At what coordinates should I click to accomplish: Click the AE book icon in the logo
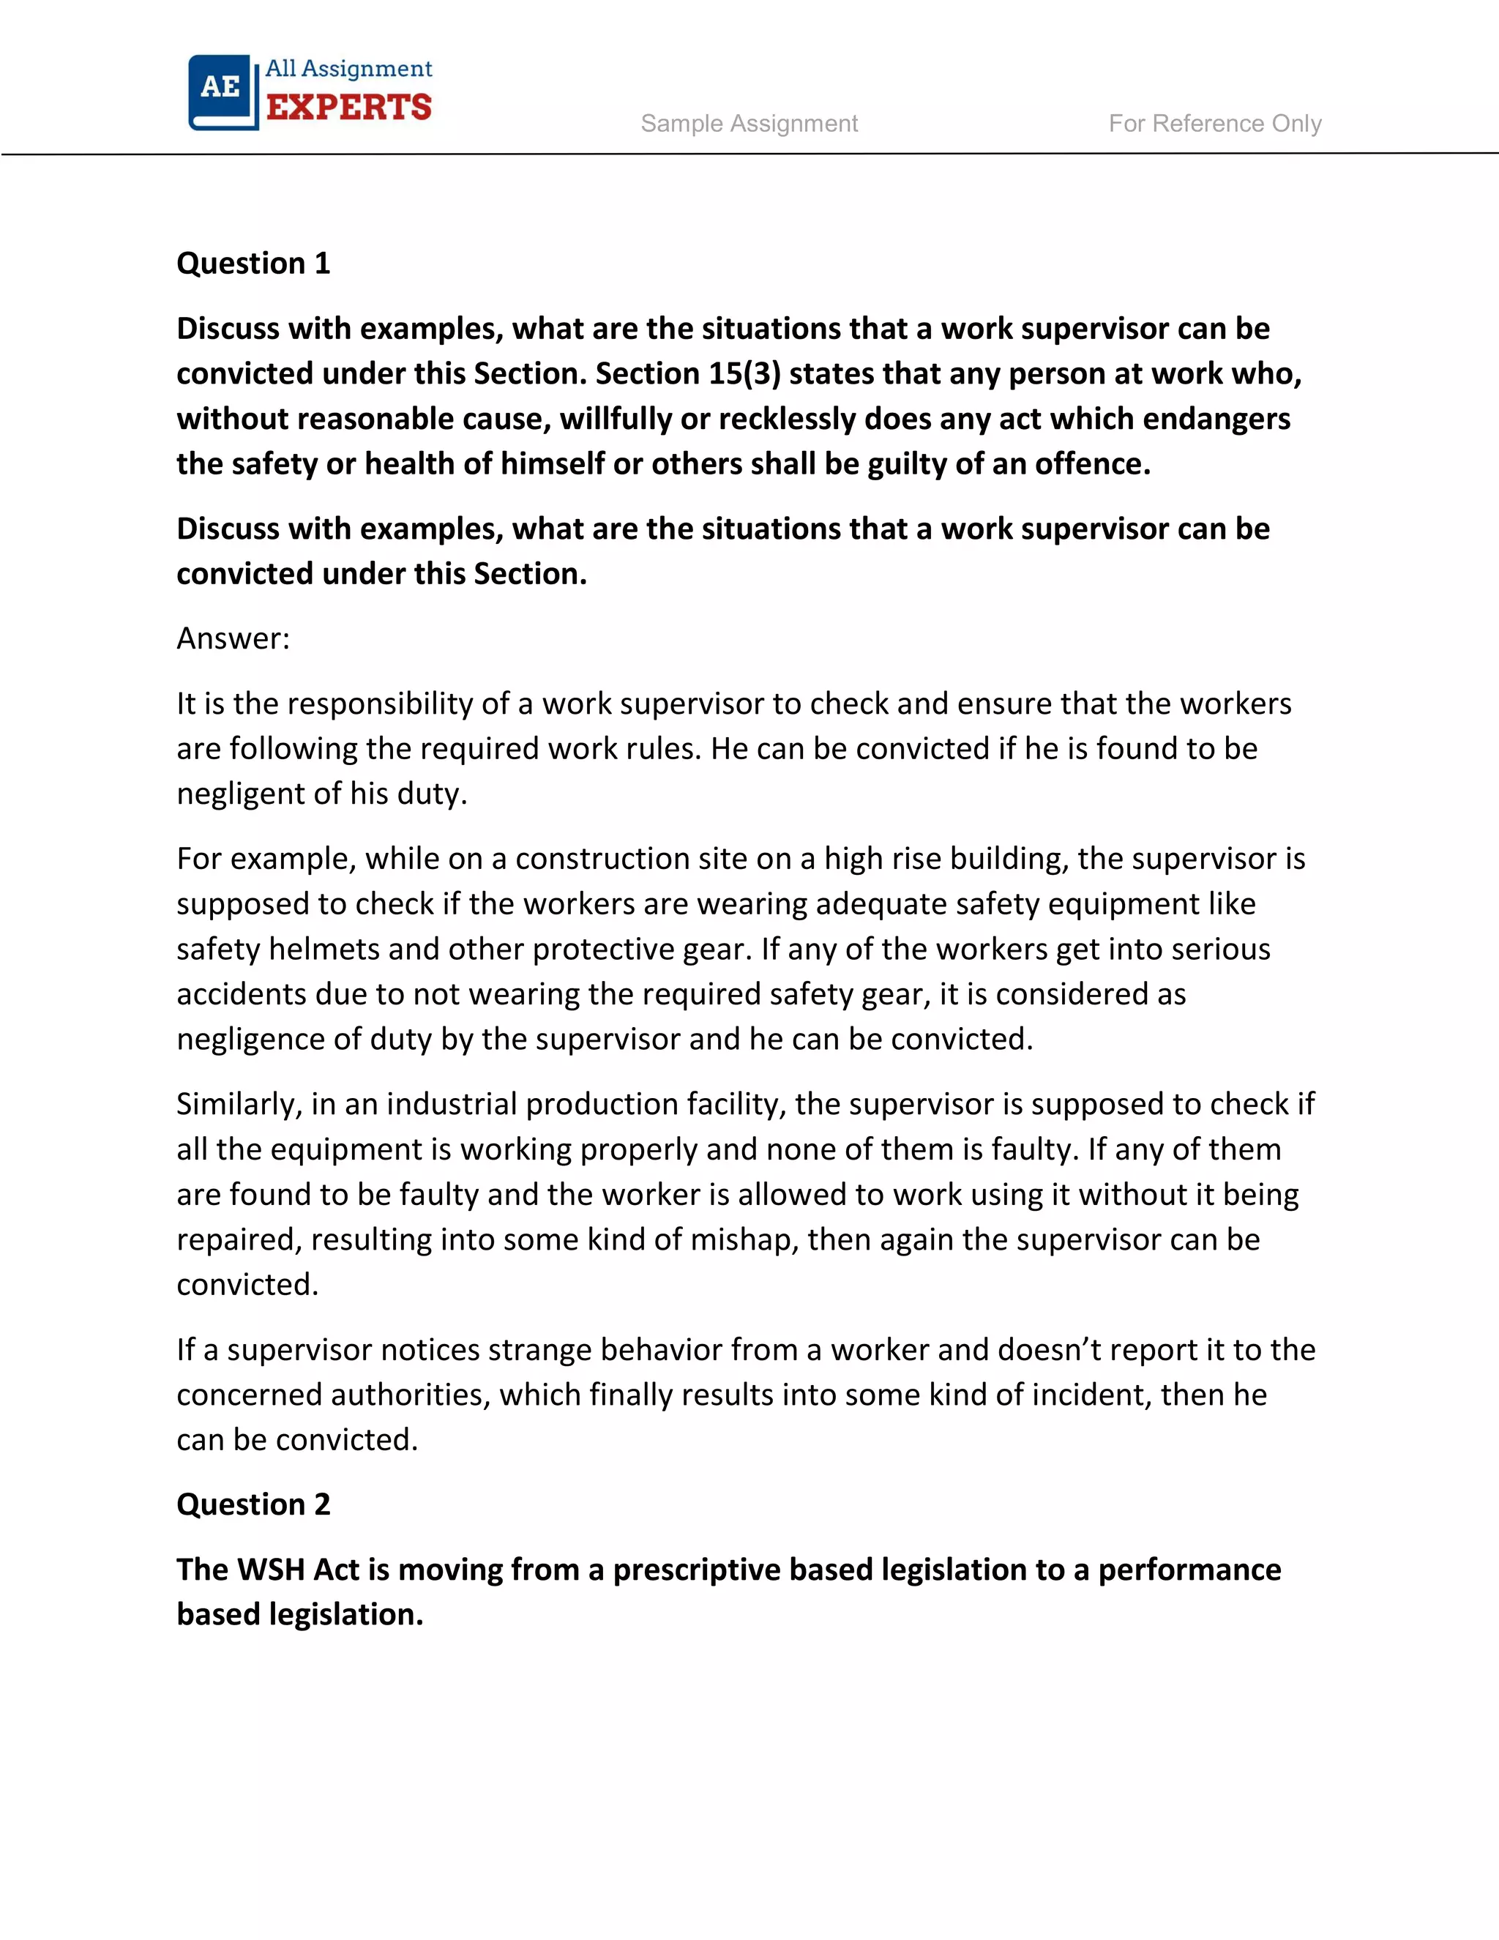click(222, 92)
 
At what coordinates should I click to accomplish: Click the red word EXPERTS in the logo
click(349, 108)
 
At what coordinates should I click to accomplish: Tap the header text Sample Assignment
click(749, 124)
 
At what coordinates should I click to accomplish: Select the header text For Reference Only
click(1214, 124)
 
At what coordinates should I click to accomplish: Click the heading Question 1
click(253, 264)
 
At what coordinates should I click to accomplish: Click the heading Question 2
click(253, 1504)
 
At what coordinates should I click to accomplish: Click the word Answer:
click(233, 638)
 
